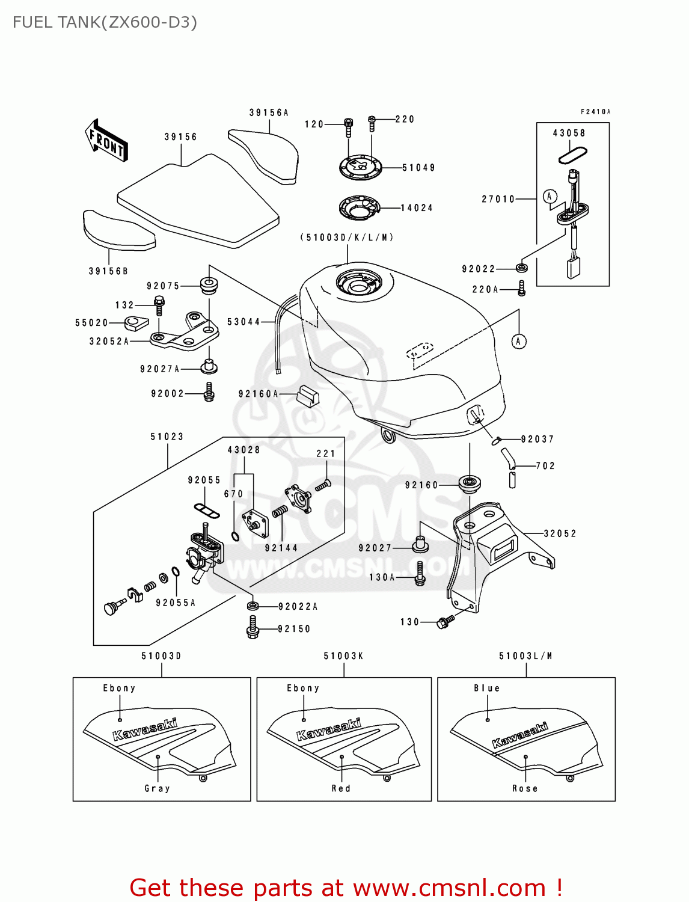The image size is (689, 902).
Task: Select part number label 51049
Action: [x=418, y=168]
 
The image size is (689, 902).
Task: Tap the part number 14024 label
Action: [x=417, y=208]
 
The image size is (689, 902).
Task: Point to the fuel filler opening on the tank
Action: [x=358, y=283]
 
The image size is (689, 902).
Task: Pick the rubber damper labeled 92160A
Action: [x=308, y=394]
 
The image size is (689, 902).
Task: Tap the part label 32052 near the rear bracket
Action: [x=560, y=533]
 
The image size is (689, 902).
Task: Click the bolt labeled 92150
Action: [x=253, y=629]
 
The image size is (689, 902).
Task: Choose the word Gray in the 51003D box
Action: [x=157, y=788]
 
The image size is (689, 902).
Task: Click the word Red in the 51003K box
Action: [x=341, y=788]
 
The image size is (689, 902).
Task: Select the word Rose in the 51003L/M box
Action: [x=525, y=788]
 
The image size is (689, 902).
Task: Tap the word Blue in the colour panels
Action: [x=486, y=688]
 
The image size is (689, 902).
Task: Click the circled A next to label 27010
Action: [x=550, y=196]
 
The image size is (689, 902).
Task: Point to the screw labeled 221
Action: [x=323, y=484]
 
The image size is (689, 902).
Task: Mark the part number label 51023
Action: [x=167, y=437]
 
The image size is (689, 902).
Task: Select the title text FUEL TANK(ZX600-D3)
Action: [x=105, y=23]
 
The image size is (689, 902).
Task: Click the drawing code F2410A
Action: [x=595, y=112]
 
